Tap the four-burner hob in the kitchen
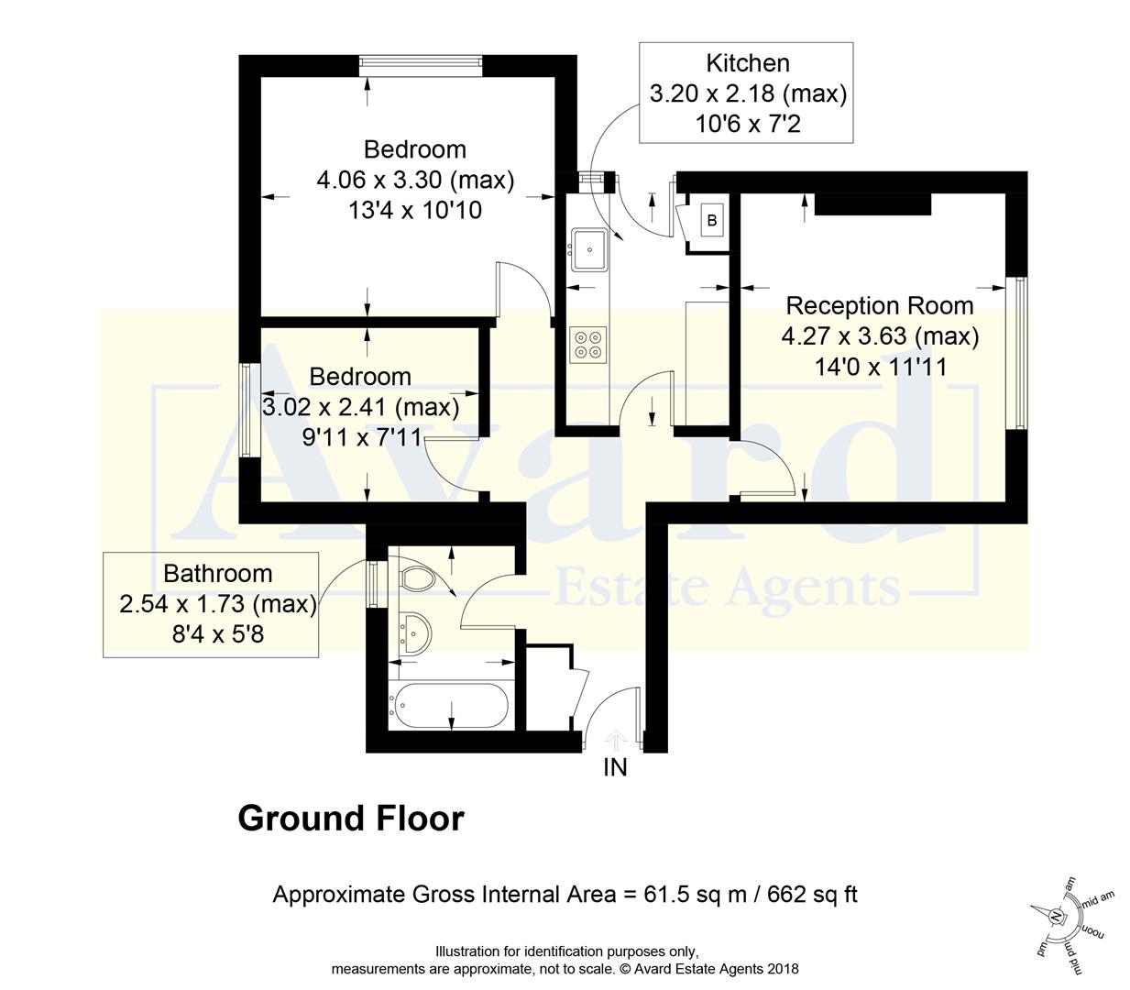coord(588,344)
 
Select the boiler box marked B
coord(711,220)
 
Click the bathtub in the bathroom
coord(448,705)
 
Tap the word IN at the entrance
coord(615,767)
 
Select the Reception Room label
coord(879,305)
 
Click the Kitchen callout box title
coord(747,63)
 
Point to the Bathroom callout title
coord(217,574)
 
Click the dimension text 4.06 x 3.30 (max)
coord(415,180)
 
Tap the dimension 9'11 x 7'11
coord(361,437)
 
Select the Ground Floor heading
coord(351,818)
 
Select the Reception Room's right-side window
coord(1017,353)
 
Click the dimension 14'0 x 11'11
coord(880,367)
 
